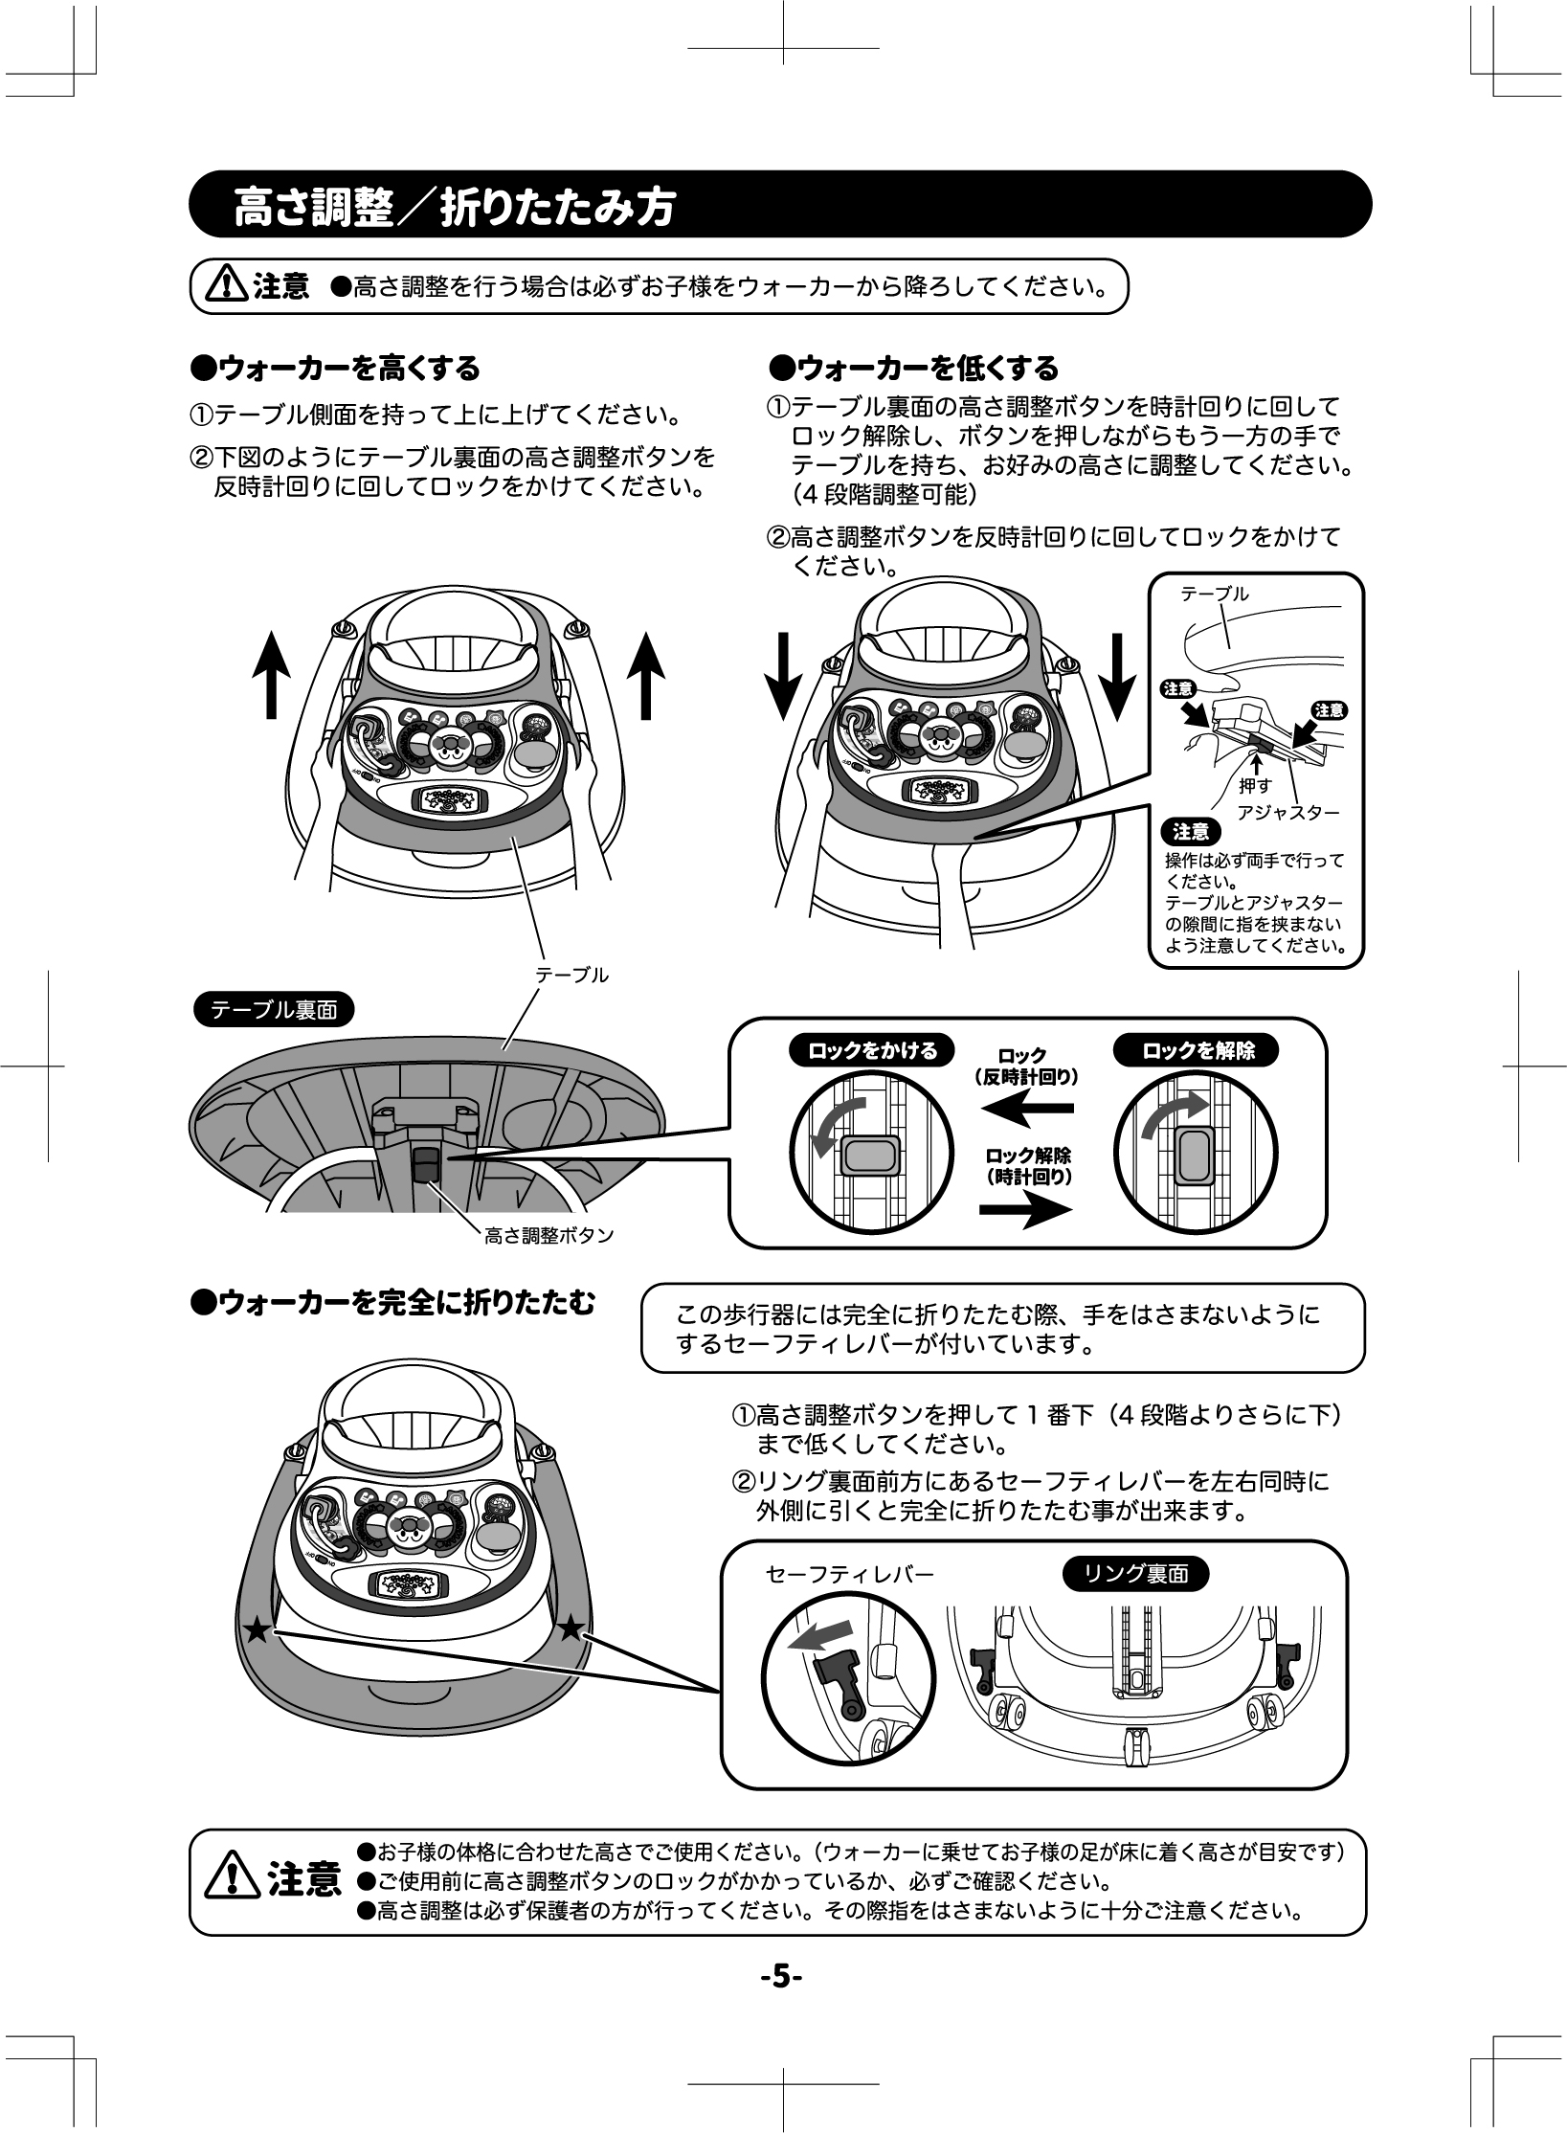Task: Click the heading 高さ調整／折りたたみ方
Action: pyautogui.click(x=455, y=207)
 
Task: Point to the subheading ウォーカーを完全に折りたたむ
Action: pyautogui.click(x=392, y=1303)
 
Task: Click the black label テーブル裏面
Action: pyautogui.click(x=274, y=1010)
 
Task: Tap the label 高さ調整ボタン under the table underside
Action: pyautogui.click(x=548, y=1236)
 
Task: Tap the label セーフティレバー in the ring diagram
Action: pyautogui.click(x=850, y=1574)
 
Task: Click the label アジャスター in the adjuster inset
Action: pyautogui.click(x=1287, y=812)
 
